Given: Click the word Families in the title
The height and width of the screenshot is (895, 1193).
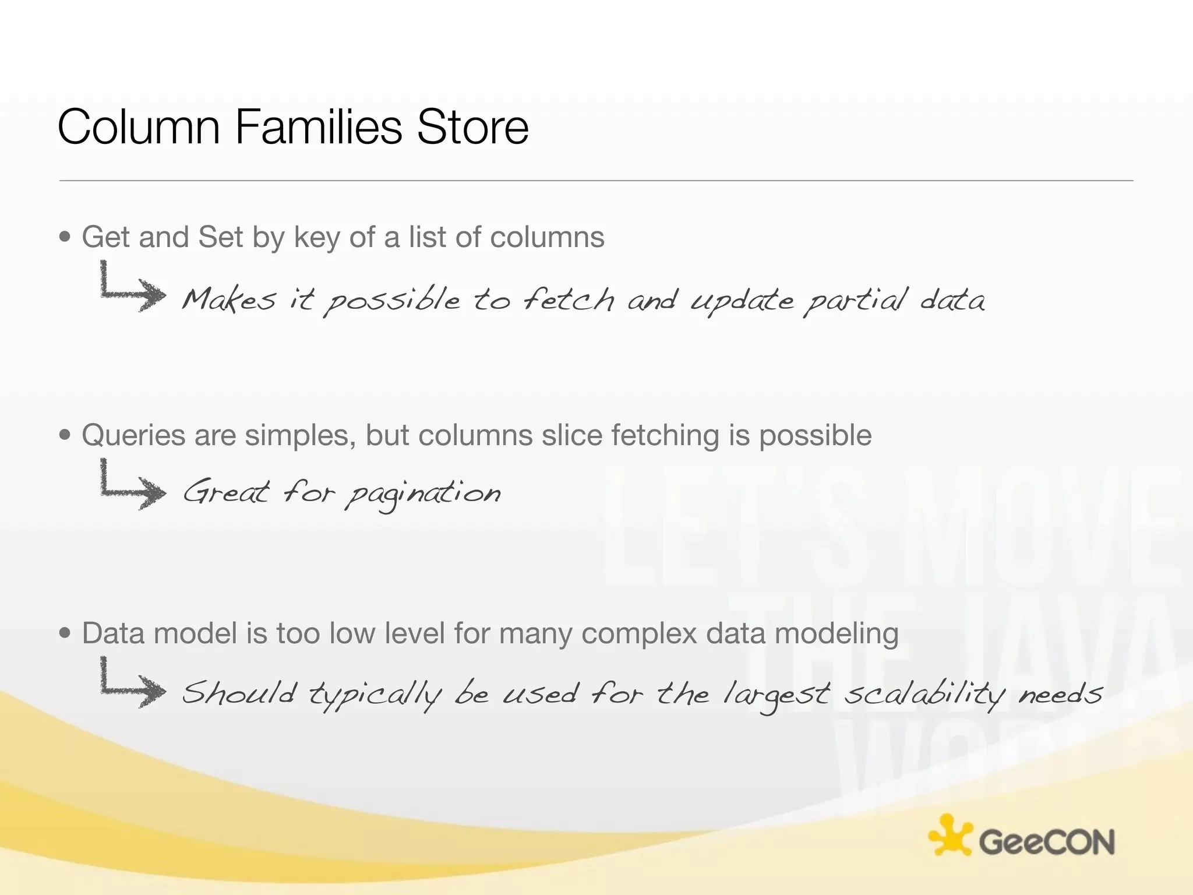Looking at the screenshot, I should click(x=318, y=127).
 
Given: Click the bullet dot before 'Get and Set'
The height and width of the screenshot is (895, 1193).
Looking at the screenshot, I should click(x=65, y=237).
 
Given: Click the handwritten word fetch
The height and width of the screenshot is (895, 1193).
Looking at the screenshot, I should click(x=568, y=299).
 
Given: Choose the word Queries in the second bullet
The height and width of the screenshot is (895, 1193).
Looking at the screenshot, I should click(x=133, y=435).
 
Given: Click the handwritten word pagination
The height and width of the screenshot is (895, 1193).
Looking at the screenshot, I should click(x=422, y=494).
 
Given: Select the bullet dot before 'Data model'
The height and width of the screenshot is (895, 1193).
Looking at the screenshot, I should click(x=65, y=633).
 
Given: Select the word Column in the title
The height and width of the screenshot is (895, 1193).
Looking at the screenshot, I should click(x=139, y=127).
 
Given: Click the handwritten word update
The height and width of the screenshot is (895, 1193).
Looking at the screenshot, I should click(x=742, y=301).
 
